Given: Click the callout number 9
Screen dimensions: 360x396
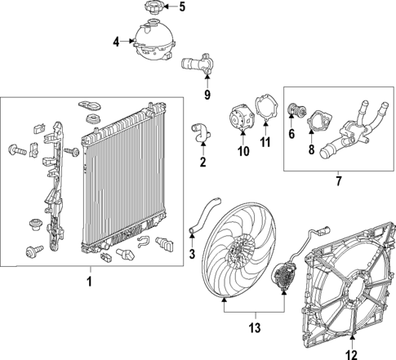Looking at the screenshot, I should click(207, 95).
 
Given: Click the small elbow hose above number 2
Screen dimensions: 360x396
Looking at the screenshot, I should click(198, 131).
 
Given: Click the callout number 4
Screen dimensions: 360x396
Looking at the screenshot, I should click(117, 41).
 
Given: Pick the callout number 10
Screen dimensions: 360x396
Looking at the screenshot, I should click(242, 151).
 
